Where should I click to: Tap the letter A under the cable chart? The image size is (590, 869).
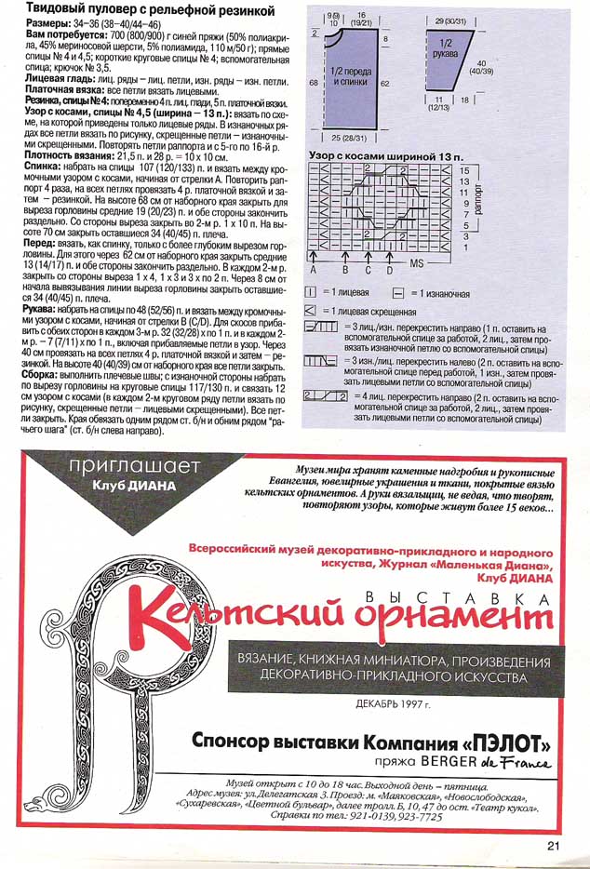tap(315, 270)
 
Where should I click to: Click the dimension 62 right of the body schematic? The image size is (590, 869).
tap(385, 83)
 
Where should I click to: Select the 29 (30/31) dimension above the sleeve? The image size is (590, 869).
tap(449, 18)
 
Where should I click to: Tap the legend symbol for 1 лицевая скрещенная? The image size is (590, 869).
tap(314, 309)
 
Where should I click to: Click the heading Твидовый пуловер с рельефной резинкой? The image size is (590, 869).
tap(150, 10)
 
